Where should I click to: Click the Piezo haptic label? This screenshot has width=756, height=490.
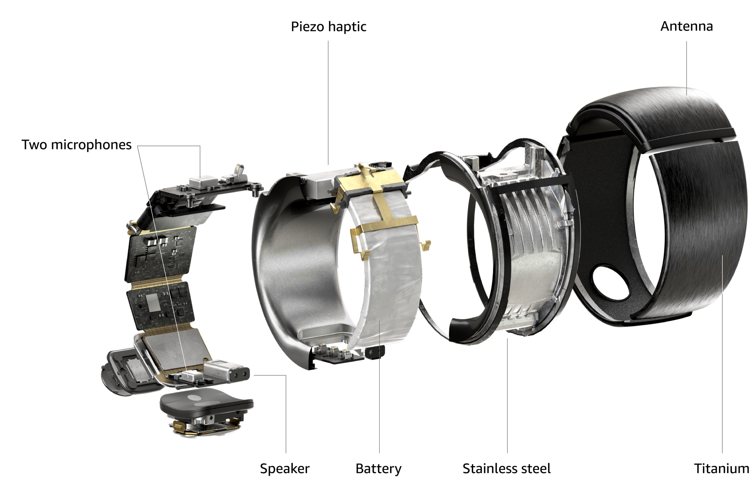click(328, 27)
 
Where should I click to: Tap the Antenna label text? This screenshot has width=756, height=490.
click(686, 26)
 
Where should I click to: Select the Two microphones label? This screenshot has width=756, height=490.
click(77, 145)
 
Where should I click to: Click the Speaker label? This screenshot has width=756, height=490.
click(285, 468)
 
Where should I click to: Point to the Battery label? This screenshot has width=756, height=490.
click(378, 468)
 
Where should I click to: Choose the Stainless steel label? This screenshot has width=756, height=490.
click(506, 468)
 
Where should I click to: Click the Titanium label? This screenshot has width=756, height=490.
click(722, 468)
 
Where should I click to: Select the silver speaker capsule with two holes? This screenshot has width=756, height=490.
click(226, 371)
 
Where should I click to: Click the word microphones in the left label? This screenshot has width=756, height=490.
click(91, 145)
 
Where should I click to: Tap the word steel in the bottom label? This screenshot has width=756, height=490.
click(535, 468)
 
